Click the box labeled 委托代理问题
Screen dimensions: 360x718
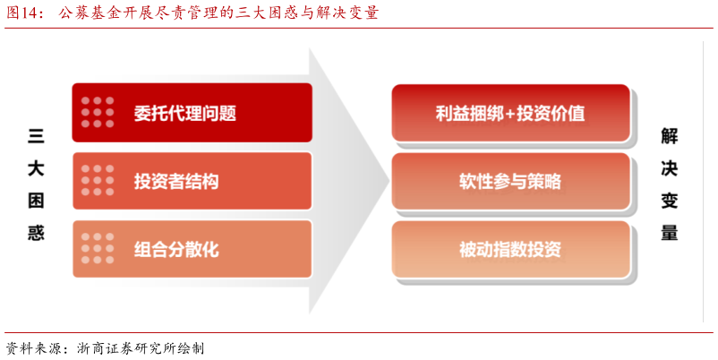[192, 113]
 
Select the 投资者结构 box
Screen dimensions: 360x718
[192, 181]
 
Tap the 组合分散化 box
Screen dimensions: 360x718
[192, 249]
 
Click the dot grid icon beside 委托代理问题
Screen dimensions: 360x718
[98, 113]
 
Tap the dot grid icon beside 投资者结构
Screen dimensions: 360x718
[98, 181]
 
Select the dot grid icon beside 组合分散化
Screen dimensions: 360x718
[98, 249]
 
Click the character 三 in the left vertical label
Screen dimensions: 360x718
[36, 136]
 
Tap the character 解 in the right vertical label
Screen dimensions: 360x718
[669, 136]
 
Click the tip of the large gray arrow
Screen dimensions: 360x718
[387, 181]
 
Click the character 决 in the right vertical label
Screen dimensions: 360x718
[669, 168]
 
